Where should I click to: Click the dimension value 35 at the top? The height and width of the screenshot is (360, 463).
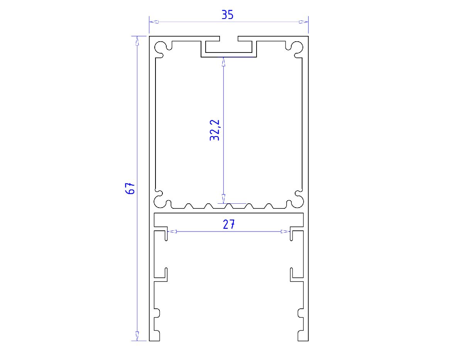coord(227,15)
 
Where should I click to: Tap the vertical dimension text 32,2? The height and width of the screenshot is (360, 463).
coord(215,130)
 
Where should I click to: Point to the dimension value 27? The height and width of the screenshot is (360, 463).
coord(228,225)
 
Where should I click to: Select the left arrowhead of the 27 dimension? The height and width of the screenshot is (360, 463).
coord(173,232)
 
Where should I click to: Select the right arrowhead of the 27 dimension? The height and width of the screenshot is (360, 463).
coord(285,232)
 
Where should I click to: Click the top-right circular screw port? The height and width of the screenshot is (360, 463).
coord(297,47)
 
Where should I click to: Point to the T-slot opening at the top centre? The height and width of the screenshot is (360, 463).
coord(229,39)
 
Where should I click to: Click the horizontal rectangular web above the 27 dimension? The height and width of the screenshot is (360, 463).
coord(228,219)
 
